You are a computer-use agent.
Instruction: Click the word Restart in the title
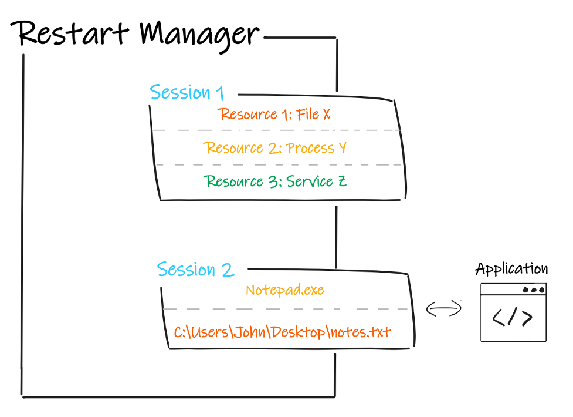70,33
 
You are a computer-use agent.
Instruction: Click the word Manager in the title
199,36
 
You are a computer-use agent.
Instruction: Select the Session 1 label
187,92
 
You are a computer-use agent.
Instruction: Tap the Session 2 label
195,270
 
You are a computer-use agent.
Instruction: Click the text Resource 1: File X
274,114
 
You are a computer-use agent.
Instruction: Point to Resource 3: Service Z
275,181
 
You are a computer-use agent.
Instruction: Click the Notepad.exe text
285,290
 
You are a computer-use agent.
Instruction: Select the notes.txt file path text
282,332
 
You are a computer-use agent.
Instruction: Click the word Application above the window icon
511,269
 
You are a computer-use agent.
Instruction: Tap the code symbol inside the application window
512,317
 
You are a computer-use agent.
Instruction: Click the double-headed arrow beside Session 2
443,308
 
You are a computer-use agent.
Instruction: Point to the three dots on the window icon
534,290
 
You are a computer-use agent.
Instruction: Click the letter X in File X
326,114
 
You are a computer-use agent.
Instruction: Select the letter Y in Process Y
343,147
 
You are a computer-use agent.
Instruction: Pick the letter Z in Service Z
342,181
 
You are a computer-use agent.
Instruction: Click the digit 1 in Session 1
220,93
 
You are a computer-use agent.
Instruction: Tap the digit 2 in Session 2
228,270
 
